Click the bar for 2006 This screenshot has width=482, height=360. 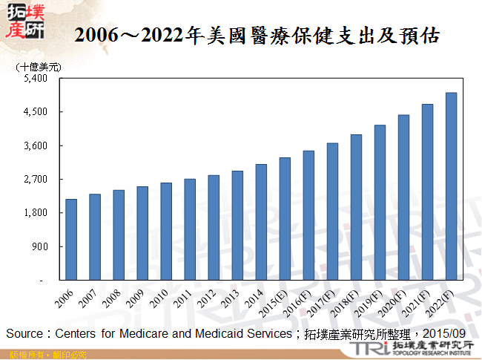tap(71, 239)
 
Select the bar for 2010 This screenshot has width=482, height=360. tap(166, 231)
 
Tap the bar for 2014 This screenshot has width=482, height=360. tap(261, 222)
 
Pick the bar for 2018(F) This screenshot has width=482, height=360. tap(356, 207)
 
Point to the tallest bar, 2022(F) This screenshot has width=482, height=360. tap(451, 186)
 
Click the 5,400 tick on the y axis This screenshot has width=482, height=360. tap(36, 78)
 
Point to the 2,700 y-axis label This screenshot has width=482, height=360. tap(36, 179)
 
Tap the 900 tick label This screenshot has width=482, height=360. tap(41, 246)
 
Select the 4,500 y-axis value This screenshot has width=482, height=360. tap(36, 112)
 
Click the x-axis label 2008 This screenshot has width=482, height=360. tap(111, 299)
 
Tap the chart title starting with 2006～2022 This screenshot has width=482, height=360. tap(257, 35)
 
